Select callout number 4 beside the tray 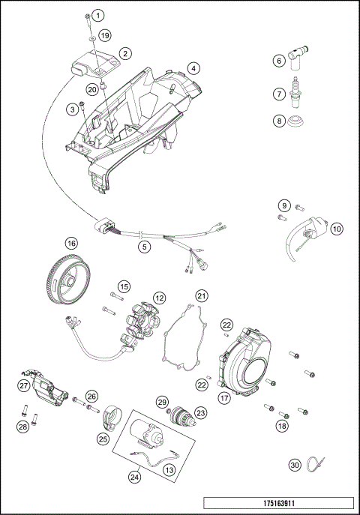pyautogui.click(x=193, y=68)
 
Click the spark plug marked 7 pyautogui.click(x=299, y=95)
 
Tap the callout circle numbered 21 pyautogui.click(x=201, y=296)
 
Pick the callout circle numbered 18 pyautogui.click(x=282, y=425)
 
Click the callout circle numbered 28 pyautogui.click(x=23, y=427)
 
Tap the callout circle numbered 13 pyautogui.click(x=169, y=469)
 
